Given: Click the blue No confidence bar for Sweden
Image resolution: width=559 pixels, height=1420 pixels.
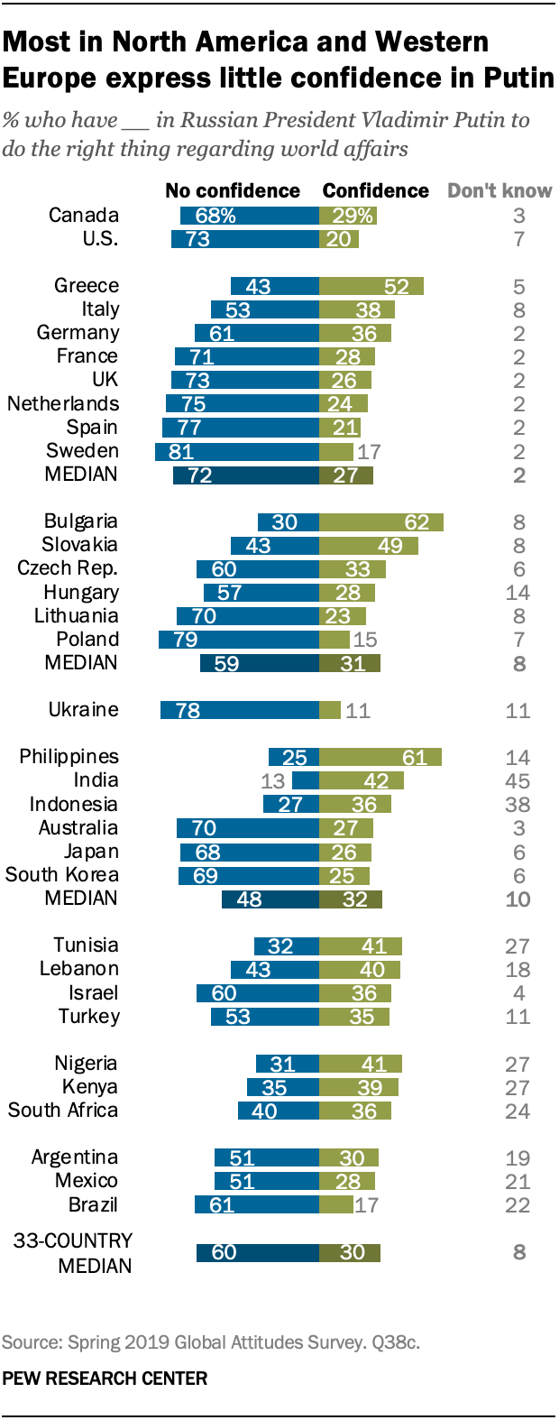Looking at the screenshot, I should click(237, 451).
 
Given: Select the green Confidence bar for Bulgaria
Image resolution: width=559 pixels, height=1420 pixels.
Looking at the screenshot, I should click(380, 521).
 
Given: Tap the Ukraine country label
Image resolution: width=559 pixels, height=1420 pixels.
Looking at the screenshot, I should click(83, 710).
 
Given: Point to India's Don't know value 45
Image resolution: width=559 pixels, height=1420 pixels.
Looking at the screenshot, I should click(518, 781).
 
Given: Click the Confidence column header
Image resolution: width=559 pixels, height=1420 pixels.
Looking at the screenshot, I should click(375, 191).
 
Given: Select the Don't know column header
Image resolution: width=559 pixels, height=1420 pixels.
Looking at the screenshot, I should click(499, 191).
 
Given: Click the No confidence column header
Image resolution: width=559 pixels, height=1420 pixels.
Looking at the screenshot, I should click(233, 191).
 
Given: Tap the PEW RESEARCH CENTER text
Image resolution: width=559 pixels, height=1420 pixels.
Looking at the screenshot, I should click(105, 1379).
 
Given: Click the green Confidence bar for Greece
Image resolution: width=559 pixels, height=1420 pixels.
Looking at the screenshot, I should click(371, 286).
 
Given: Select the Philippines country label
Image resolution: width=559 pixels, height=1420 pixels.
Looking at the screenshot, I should click(69, 757).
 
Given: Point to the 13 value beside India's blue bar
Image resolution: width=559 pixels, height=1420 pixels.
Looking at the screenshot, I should click(272, 781).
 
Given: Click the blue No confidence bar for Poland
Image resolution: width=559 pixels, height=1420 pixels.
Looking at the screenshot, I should click(239, 640).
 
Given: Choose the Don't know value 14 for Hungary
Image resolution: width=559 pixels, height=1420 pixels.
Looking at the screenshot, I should click(518, 593).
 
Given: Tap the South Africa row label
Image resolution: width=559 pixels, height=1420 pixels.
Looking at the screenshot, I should click(63, 1111).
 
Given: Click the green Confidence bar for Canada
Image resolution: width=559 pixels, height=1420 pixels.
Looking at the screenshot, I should click(347, 216).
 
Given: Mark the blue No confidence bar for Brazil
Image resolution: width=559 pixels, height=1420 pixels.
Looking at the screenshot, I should click(257, 1204).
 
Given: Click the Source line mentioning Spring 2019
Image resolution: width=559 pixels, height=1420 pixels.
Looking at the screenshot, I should click(210, 1342).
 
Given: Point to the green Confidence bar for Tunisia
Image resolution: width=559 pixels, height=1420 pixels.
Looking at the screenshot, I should click(360, 945).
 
